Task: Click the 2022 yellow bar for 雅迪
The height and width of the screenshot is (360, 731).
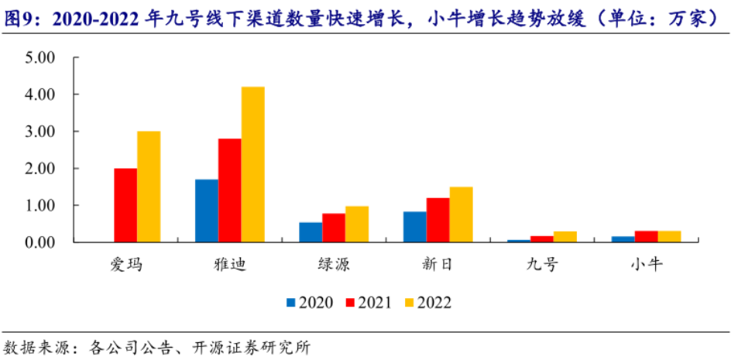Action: tap(252, 164)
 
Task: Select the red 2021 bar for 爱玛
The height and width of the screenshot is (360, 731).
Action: tap(125, 205)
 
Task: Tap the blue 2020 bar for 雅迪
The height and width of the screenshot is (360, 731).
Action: tap(207, 211)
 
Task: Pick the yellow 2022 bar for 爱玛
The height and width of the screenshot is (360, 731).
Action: tap(149, 187)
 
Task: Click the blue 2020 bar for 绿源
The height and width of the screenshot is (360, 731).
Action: tap(311, 232)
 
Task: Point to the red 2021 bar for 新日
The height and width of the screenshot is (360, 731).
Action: tap(438, 220)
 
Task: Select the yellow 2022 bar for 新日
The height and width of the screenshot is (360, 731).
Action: tap(461, 214)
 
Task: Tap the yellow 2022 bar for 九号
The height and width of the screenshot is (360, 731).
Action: tap(565, 237)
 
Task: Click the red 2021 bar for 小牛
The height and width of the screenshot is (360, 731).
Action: tap(646, 236)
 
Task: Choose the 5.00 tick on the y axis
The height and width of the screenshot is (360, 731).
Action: tap(40, 57)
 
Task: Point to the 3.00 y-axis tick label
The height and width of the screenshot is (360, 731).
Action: tap(40, 132)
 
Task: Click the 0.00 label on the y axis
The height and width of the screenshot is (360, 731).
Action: tap(40, 242)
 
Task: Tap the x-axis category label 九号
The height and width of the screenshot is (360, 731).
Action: tap(542, 266)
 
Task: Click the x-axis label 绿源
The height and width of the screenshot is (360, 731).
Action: tap(334, 266)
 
